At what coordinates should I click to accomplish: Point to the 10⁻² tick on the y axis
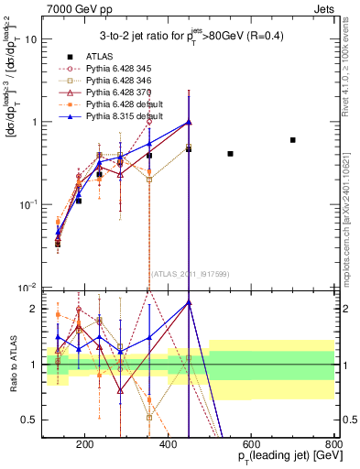pos(30,288)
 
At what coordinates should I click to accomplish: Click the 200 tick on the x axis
pos(85,444)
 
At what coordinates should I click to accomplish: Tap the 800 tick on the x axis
pos(333,444)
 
